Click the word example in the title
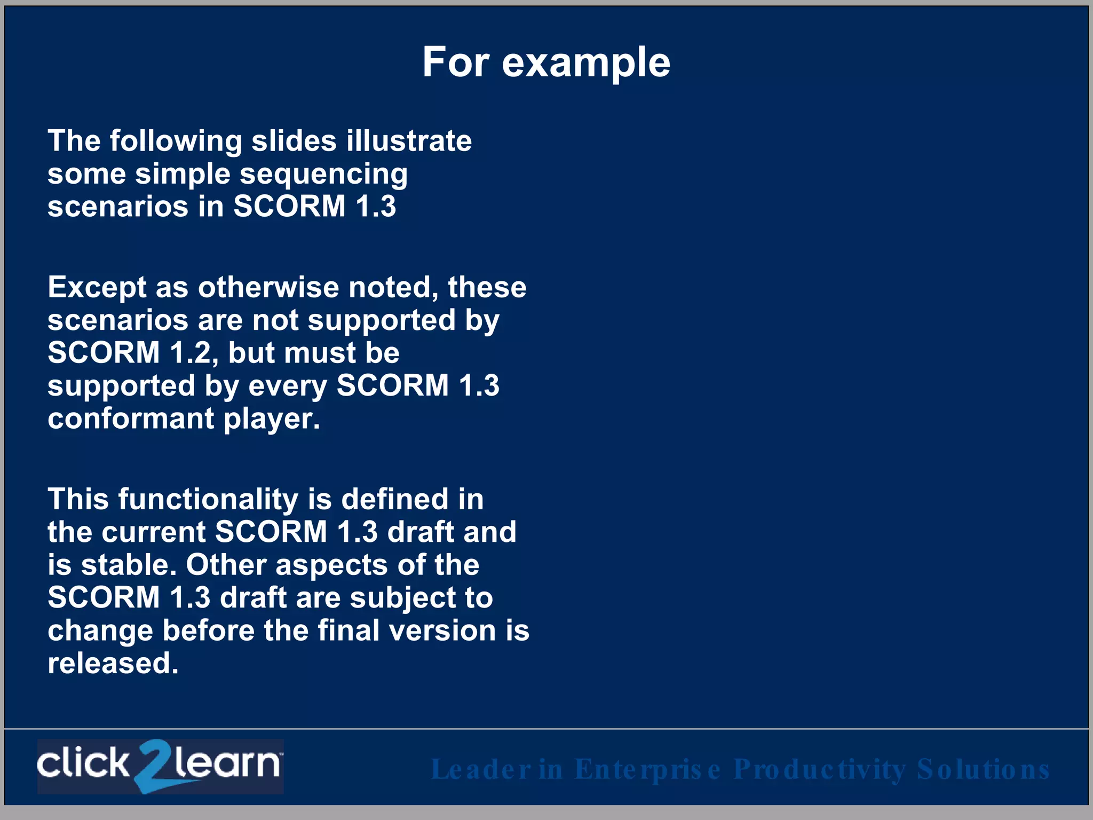(585, 63)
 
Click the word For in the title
(455, 62)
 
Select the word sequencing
(323, 175)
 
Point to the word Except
(97, 288)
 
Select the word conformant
(131, 419)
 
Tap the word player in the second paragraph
(271, 420)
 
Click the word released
(113, 663)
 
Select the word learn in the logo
(227, 763)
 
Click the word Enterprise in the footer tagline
(647, 769)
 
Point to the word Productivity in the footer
(819, 769)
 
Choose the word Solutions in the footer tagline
(983, 769)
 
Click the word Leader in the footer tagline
(481, 769)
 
